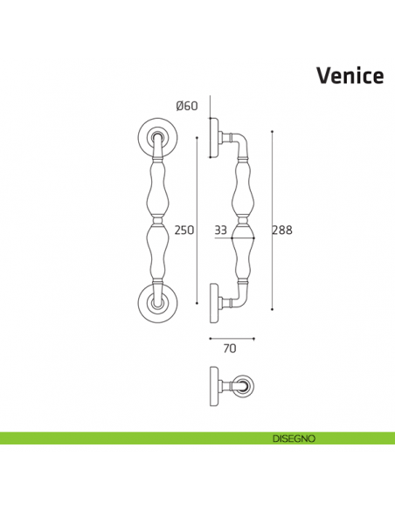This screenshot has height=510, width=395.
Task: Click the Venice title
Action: [349, 76]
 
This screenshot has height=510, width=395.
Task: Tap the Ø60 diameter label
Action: [187, 107]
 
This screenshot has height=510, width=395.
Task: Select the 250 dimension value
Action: [184, 231]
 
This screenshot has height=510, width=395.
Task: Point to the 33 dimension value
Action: [220, 231]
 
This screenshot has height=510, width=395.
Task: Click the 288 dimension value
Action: [282, 231]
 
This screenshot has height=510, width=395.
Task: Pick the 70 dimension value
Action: [230, 348]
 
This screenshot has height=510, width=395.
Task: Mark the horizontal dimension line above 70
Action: [231, 337]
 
